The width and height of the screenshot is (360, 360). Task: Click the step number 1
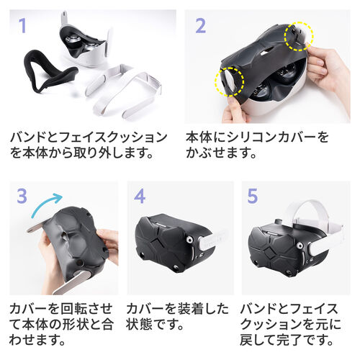[22, 26]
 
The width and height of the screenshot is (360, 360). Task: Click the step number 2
[200, 26]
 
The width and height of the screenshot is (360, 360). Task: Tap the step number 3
[23, 197]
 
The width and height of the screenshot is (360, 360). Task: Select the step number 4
[140, 197]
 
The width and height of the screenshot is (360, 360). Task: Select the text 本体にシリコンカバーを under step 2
[256, 137]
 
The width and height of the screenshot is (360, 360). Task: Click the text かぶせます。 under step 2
[219, 154]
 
